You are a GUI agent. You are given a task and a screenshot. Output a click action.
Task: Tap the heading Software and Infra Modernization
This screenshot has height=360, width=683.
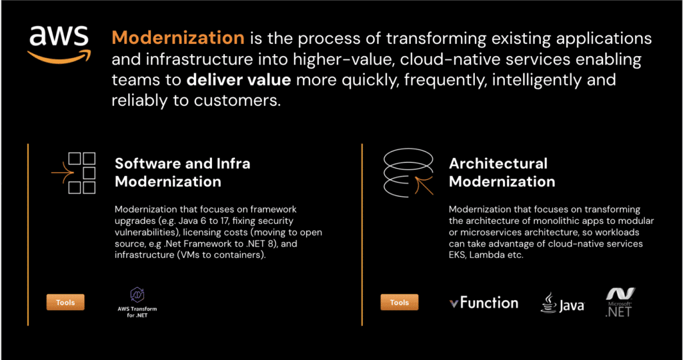183,172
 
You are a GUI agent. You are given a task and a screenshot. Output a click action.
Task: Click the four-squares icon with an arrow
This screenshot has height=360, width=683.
75,171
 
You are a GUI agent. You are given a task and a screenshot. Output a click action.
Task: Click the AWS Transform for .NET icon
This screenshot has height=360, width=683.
137,295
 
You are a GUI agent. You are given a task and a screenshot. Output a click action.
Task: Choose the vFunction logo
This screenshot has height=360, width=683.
484,303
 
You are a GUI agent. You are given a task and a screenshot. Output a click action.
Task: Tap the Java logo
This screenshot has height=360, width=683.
562,303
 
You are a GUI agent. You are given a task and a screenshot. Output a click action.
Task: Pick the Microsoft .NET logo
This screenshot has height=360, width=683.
619,302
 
